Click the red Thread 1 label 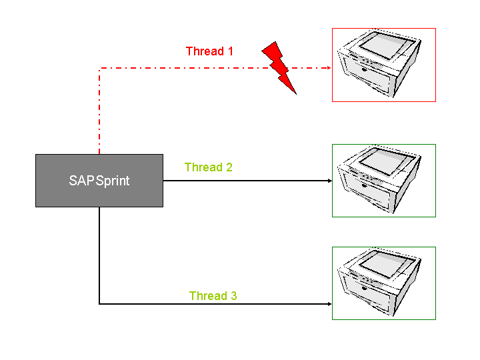pyautogui.click(x=209, y=51)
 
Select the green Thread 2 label pyautogui.click(x=208, y=167)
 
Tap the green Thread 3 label pyautogui.click(x=213, y=296)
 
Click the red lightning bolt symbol pyautogui.click(x=279, y=67)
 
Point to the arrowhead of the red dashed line pyautogui.click(x=329, y=68)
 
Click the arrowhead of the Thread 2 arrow pyautogui.click(x=329, y=181)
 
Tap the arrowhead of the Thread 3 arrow pyautogui.click(x=329, y=304)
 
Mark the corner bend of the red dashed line pyautogui.click(x=100, y=68)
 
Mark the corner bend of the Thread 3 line pyautogui.click(x=100, y=304)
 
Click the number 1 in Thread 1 pyautogui.click(x=230, y=51)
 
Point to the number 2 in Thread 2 pyautogui.click(x=229, y=167)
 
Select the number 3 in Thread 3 pyautogui.click(x=233, y=296)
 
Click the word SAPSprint pyautogui.click(x=99, y=181)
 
